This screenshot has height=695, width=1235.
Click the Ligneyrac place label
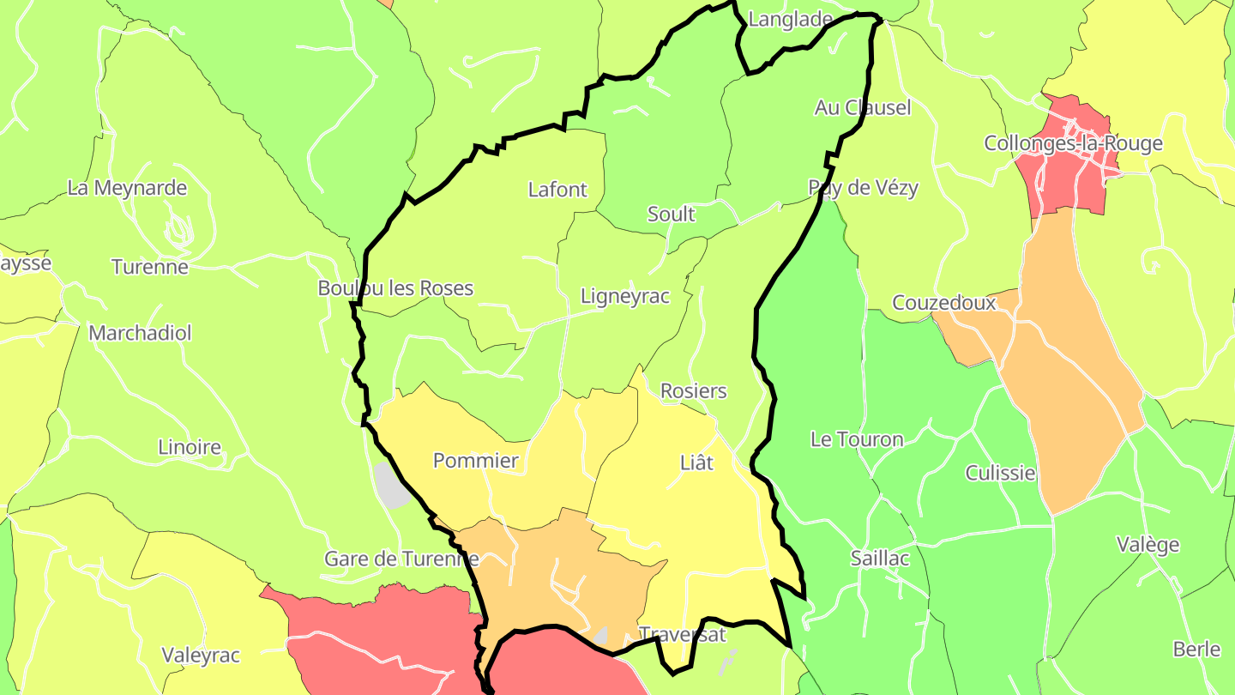624,296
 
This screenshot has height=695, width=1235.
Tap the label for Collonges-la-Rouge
1073,143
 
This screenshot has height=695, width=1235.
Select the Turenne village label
150,267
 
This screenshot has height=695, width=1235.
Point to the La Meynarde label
127,187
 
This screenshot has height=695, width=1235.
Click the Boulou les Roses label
395,288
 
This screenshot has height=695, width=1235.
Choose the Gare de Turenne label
401,559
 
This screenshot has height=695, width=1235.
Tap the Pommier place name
475,461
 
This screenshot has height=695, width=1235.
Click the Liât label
696,462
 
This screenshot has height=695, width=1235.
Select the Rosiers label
693,391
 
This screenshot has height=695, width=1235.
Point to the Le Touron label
857,439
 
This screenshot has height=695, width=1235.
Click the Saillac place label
879,558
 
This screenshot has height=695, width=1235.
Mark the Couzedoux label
944,303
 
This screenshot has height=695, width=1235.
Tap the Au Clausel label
863,108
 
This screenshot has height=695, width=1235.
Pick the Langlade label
791,20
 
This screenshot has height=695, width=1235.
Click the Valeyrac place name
202,656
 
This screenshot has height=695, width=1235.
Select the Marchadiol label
141,333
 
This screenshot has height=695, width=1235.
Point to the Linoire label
190,447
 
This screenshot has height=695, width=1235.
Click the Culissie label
1000,474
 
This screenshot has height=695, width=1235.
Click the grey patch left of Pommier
392,486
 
